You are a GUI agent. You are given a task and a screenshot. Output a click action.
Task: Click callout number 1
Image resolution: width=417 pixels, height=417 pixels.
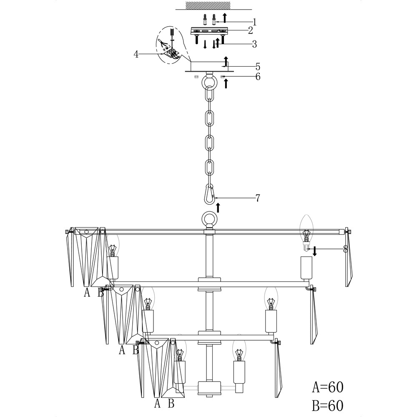point(254,22)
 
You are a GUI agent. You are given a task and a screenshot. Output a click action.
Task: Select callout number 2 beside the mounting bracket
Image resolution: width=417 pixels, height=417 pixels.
point(250,30)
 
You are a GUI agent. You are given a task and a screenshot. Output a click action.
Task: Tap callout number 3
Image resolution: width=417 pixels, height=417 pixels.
point(254,44)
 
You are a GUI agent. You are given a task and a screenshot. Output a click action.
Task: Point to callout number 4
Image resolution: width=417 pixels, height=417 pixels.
point(136,54)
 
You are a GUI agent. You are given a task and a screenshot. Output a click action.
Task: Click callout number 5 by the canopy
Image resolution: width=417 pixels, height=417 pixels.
point(258,66)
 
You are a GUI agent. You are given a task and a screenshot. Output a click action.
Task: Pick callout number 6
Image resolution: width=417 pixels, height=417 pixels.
point(258,77)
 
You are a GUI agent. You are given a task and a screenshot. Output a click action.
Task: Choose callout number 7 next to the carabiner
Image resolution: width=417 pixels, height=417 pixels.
point(257,198)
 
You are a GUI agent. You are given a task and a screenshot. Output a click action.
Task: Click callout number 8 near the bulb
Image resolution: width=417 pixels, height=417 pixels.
point(345,249)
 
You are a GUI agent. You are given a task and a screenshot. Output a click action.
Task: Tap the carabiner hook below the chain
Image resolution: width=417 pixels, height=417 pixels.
point(210,194)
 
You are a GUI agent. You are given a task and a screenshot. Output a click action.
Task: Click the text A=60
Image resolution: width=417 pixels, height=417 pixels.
point(328,387)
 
